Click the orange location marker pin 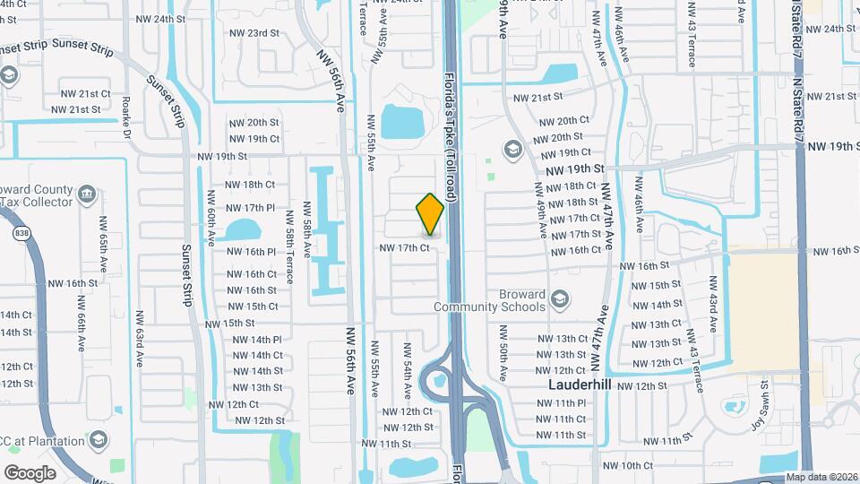coord(430,213)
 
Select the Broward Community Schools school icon coord(560,298)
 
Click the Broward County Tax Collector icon coord(87,194)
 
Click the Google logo coord(30,472)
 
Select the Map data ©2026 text coord(821,478)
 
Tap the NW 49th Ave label coord(540,210)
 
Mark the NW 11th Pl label coord(562,402)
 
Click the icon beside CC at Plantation coord(99,439)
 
